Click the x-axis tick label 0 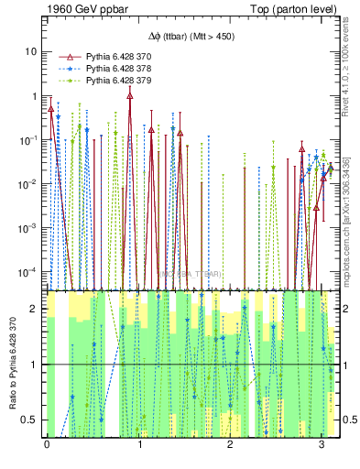click(47, 445)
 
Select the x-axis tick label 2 click(230, 445)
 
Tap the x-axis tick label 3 click(322, 445)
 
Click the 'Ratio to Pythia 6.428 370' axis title click(12, 365)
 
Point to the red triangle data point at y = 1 click(130, 95)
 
